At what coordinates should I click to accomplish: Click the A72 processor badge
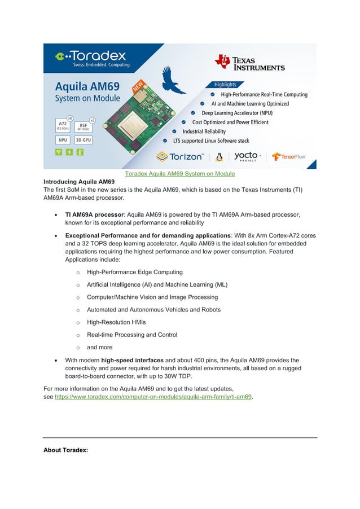pos(64,125)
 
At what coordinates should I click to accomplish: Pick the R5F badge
pos(84,125)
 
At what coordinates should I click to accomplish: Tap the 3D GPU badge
pos(84,139)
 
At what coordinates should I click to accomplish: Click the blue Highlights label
pos(225,85)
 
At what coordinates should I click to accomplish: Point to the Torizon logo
pos(179,156)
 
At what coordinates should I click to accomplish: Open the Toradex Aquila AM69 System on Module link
pos(179,174)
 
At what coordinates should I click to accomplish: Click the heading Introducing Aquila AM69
pos(79,182)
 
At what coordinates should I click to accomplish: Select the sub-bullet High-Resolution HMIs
pos(116,322)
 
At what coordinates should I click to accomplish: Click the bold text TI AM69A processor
pos(94,215)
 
